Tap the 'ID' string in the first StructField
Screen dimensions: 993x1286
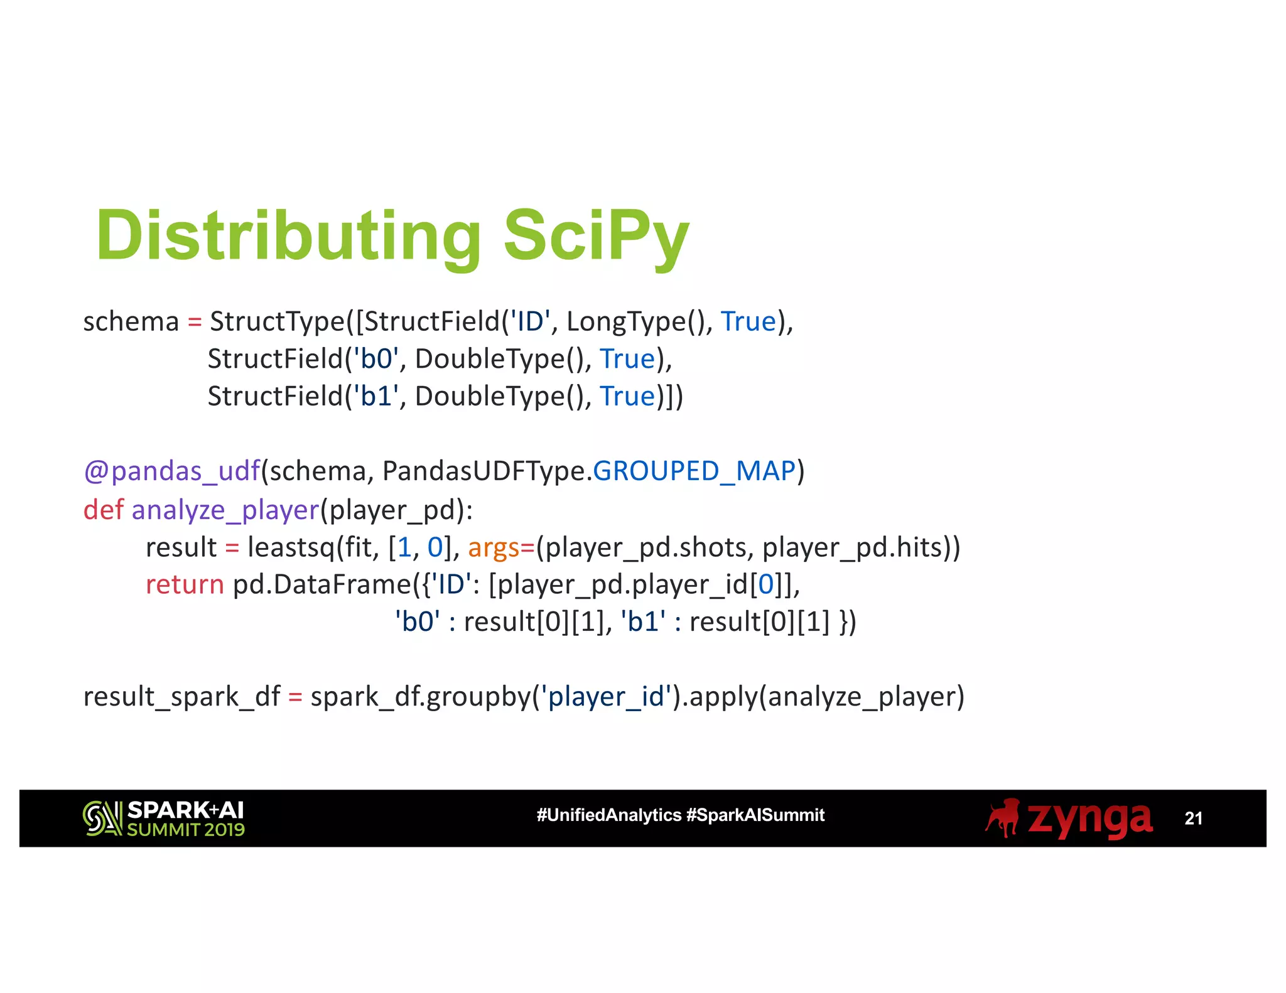pos(529,321)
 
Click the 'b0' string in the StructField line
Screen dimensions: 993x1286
pos(376,359)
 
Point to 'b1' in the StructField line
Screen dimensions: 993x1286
pos(376,397)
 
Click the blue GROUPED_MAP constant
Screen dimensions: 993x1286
pos(694,471)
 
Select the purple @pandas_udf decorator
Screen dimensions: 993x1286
pos(171,471)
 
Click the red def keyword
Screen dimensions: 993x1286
pos(103,510)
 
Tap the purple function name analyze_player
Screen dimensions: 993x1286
pos(225,510)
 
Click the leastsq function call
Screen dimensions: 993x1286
pos(291,547)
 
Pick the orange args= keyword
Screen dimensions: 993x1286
pos(500,547)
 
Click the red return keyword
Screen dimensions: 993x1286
pos(185,585)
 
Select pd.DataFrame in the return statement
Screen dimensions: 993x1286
pos(322,585)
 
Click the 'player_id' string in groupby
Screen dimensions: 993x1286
pos(605,697)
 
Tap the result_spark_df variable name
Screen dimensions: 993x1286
pos(181,697)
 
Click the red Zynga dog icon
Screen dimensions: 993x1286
pos(1003,817)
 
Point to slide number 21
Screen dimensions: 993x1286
pos(1193,819)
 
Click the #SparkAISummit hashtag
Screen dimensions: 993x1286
pos(755,815)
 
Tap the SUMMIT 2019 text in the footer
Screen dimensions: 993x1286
pos(185,830)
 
